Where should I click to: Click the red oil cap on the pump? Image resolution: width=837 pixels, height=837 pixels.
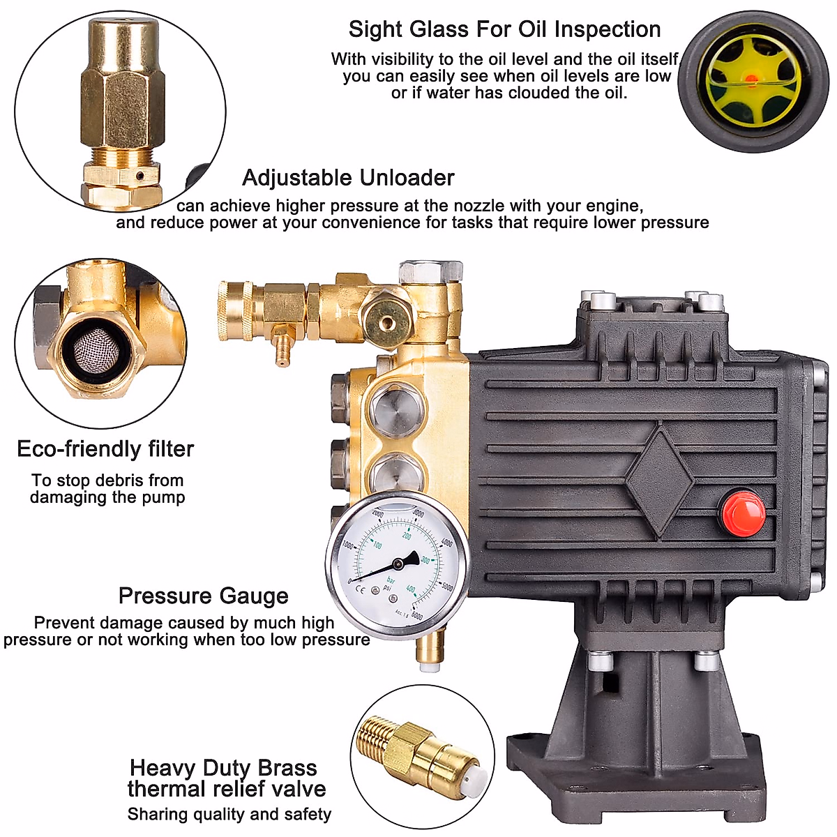tap(742, 513)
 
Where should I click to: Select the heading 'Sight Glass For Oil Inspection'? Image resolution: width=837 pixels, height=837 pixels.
tap(504, 29)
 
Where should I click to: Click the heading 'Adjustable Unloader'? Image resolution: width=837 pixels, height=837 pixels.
tap(348, 178)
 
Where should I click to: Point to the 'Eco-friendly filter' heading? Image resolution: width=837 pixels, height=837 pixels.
tap(105, 448)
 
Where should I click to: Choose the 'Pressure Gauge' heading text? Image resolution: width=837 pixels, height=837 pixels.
tap(203, 596)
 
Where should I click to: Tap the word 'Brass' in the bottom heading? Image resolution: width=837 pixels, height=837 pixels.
tap(287, 768)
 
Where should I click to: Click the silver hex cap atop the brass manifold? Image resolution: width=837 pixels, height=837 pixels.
tap(430, 271)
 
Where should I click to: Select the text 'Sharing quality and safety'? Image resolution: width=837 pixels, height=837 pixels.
tap(229, 814)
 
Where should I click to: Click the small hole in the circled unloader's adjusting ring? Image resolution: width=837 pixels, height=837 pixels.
tap(140, 176)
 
